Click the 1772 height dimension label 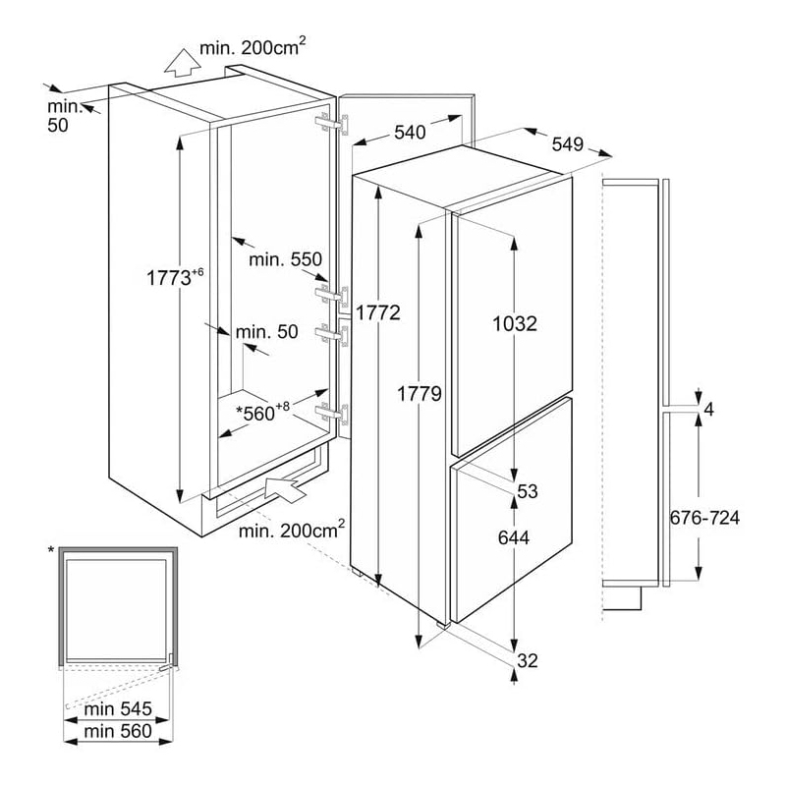point(378,313)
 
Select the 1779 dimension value point(420,394)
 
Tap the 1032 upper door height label point(515,323)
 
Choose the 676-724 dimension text point(703,518)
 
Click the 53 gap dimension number point(528,491)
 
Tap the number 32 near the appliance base point(528,660)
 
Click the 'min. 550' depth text point(285,259)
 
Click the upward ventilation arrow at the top point(179,64)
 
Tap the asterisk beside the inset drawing point(51,549)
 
